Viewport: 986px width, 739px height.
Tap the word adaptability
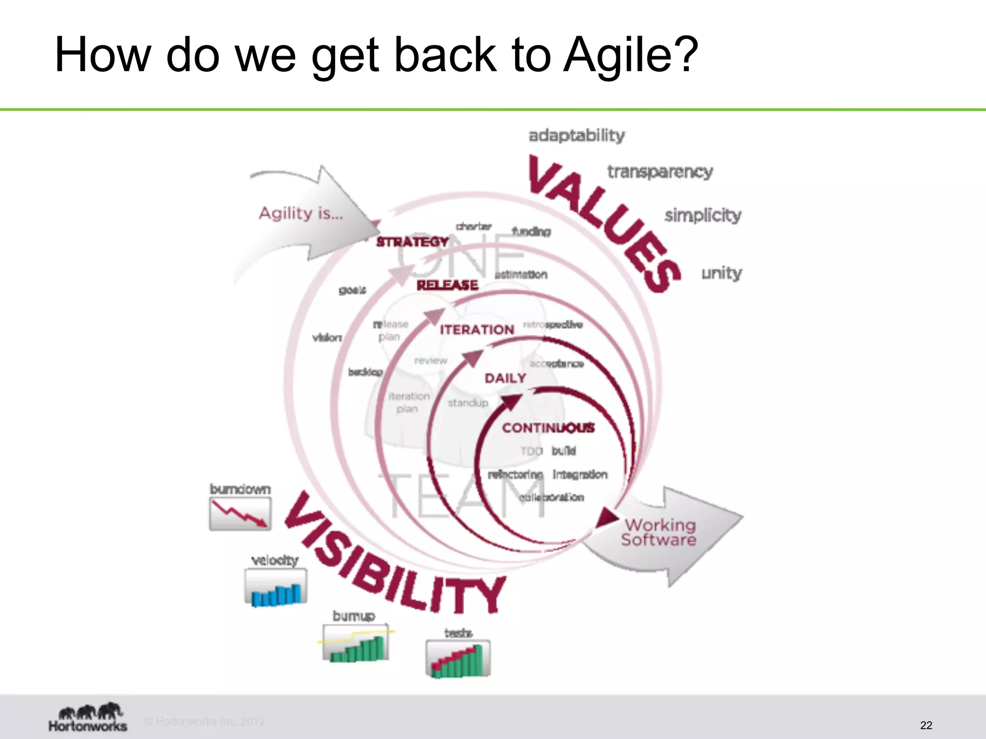pyautogui.click(x=576, y=135)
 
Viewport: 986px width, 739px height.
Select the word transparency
pyautogui.click(x=660, y=171)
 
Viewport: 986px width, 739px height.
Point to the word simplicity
pyautogui.click(x=702, y=215)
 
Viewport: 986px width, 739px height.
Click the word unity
pyautogui.click(x=721, y=273)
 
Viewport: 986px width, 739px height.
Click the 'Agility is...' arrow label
pyautogui.click(x=301, y=213)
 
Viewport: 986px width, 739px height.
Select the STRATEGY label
pyautogui.click(x=412, y=242)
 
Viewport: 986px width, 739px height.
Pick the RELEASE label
pyautogui.click(x=447, y=285)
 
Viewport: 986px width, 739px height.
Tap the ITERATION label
pyautogui.click(x=477, y=330)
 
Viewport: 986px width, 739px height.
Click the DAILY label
pyautogui.click(x=505, y=378)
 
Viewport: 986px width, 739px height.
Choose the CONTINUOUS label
pyautogui.click(x=548, y=428)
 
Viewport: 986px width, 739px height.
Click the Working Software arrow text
pyautogui.click(x=659, y=532)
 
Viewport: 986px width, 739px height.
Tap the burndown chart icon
pyautogui.click(x=240, y=514)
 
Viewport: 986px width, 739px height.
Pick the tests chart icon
pyautogui.click(x=458, y=658)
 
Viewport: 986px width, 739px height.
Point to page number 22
pyautogui.click(x=926, y=725)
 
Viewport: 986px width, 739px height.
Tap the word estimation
pyautogui.click(x=521, y=275)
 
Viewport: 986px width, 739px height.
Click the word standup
pyautogui.click(x=467, y=403)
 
